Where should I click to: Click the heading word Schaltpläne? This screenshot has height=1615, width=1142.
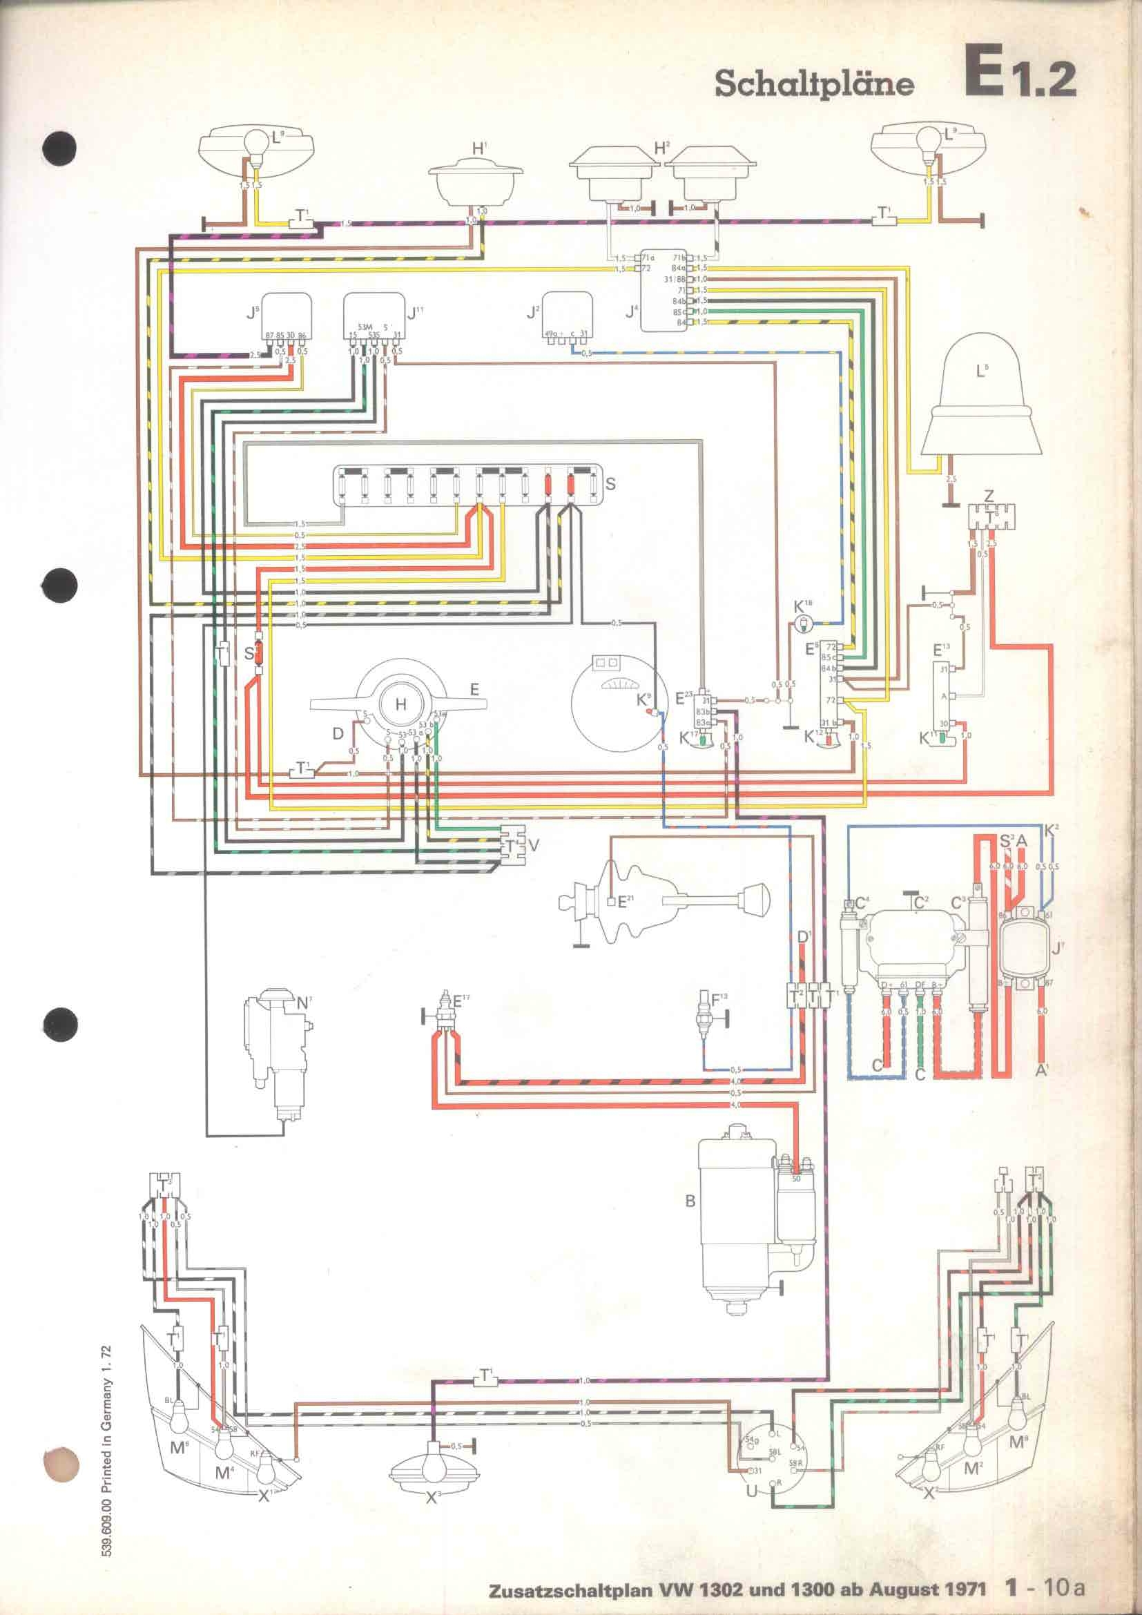pos(814,84)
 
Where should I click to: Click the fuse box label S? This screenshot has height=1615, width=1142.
pos(610,484)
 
